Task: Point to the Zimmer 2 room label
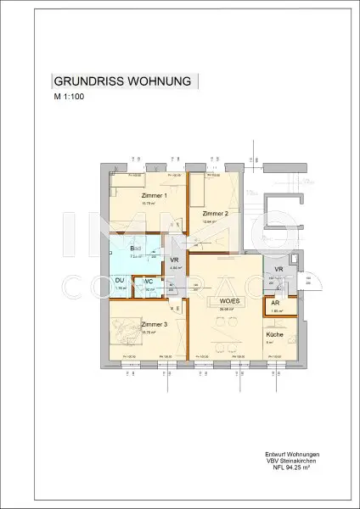click(x=216, y=213)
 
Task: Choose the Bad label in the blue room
click(x=135, y=248)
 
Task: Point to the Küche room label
click(x=274, y=335)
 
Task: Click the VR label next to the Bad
click(x=173, y=260)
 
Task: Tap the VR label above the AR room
click(x=278, y=269)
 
